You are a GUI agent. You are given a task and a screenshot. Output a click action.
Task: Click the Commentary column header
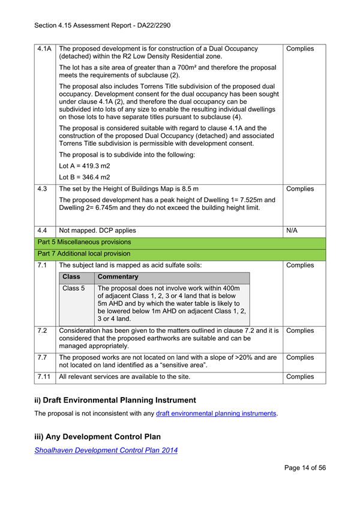(x=119, y=277)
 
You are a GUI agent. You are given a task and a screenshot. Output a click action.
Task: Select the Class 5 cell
(x=74, y=288)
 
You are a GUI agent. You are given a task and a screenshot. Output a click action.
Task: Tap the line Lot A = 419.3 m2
(x=85, y=165)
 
